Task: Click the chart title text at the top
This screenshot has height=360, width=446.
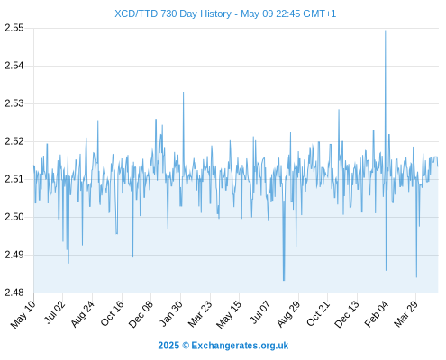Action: (x=225, y=13)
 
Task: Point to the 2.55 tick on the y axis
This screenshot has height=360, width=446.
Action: (x=14, y=28)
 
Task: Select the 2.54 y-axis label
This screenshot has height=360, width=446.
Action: (x=14, y=66)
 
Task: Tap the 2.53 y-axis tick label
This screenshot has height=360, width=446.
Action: (x=14, y=103)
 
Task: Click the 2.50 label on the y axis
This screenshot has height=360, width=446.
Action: (x=14, y=217)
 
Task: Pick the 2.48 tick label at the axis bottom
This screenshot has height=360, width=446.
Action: (x=14, y=292)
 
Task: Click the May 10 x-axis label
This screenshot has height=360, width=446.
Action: (x=23, y=314)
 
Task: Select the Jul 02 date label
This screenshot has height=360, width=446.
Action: (x=54, y=312)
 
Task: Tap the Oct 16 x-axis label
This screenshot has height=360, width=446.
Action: (x=112, y=313)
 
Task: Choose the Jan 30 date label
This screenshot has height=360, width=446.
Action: (x=171, y=313)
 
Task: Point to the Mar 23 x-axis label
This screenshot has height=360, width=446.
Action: (x=200, y=314)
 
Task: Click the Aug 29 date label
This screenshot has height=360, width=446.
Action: (x=288, y=314)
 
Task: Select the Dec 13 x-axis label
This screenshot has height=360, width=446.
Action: (x=347, y=314)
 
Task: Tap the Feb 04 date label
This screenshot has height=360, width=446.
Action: (x=377, y=314)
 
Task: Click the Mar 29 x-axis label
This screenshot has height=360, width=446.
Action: (x=405, y=314)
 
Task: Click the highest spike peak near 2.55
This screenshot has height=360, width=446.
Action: (x=386, y=31)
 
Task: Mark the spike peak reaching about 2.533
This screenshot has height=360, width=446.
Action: (x=183, y=92)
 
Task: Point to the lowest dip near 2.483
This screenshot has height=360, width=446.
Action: (x=284, y=281)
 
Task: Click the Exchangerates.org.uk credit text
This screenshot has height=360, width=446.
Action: (x=240, y=346)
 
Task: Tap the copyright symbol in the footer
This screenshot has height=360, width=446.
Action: (x=186, y=346)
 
